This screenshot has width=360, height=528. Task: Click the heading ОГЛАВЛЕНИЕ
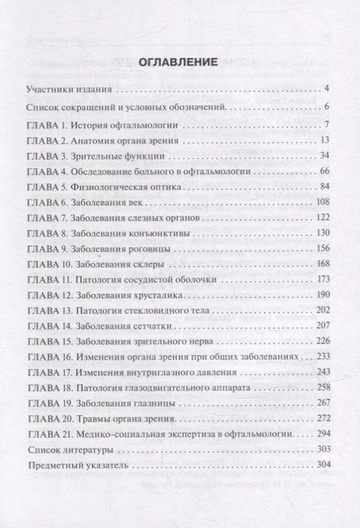click(x=180, y=61)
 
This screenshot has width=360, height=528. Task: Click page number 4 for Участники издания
click(x=328, y=88)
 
